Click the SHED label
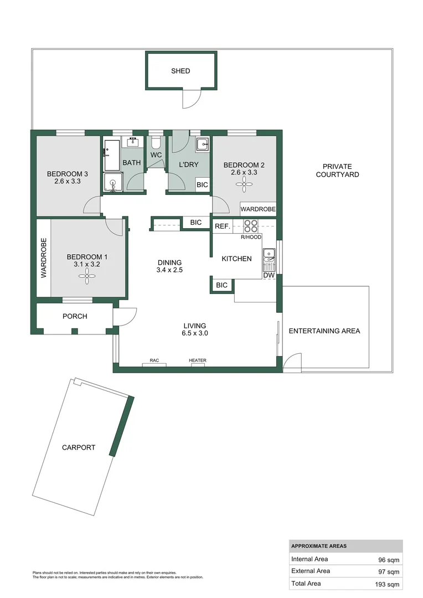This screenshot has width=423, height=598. click(x=180, y=71)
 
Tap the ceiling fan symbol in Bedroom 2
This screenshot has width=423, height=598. click(x=244, y=187)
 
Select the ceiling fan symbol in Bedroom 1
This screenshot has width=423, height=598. click(x=87, y=279)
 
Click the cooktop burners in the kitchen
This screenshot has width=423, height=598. click(x=251, y=226)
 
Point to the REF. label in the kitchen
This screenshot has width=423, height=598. click(x=223, y=226)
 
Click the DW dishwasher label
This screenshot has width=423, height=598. click(x=269, y=275)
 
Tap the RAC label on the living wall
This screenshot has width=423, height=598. click(x=154, y=360)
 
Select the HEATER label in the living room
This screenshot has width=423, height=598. click(x=198, y=360)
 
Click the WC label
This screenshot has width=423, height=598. click(x=156, y=155)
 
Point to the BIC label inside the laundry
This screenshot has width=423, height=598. click(x=202, y=185)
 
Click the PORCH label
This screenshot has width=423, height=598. click(x=75, y=317)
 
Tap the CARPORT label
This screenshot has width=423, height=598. click(x=79, y=447)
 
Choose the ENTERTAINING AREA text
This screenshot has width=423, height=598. click(x=324, y=331)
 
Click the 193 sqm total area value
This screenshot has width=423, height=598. click(x=388, y=583)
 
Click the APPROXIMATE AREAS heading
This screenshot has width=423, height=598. click(x=319, y=546)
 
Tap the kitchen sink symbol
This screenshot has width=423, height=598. click(x=269, y=255)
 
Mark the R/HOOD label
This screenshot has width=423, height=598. click(x=251, y=237)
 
